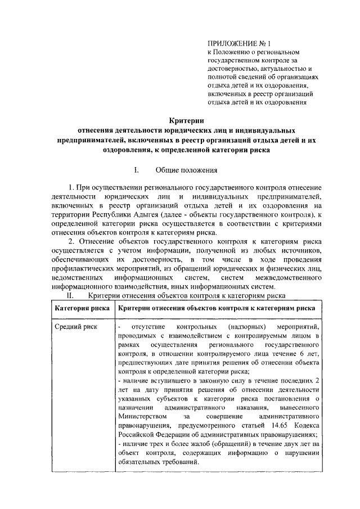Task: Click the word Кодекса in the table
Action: (x=307, y=425)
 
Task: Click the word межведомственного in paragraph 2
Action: (x=289, y=278)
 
